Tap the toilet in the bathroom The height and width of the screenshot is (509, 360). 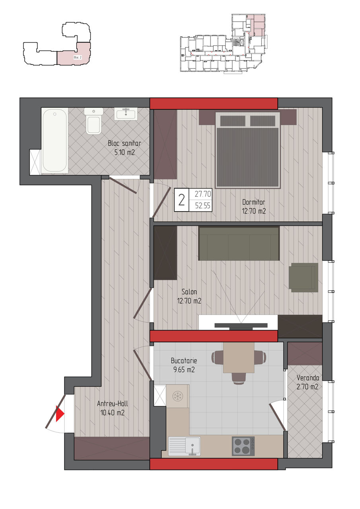pyautogui.click(x=93, y=121)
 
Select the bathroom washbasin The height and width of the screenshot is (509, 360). pyautogui.click(x=126, y=114)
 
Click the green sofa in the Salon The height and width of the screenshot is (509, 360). pyautogui.click(x=239, y=243)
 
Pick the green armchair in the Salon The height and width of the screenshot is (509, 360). pyautogui.click(x=304, y=278)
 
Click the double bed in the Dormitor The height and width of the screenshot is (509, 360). pyautogui.click(x=247, y=150)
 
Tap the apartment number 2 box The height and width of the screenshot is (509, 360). pyautogui.click(x=181, y=200)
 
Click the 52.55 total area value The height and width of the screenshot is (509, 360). pyautogui.click(x=203, y=206)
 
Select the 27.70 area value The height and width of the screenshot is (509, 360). pyautogui.click(x=203, y=194)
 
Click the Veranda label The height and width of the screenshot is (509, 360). pyautogui.click(x=308, y=378)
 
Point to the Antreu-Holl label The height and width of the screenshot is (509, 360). pyautogui.click(x=113, y=403)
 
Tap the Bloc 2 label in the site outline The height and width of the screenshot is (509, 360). pyautogui.click(x=78, y=58)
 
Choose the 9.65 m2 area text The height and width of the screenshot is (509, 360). pyautogui.click(x=184, y=370)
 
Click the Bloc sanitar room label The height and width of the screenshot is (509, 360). pyautogui.click(x=125, y=143)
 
